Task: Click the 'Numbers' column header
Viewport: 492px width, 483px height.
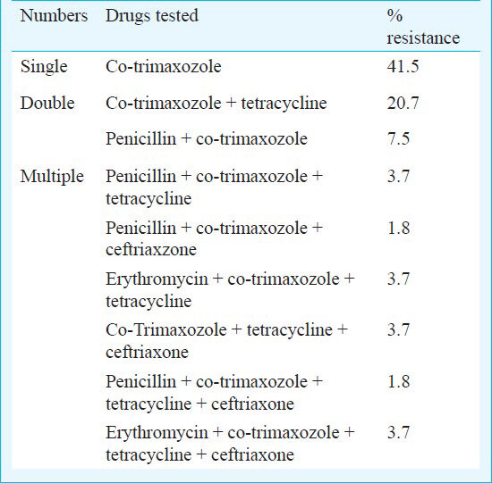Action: (x=54, y=16)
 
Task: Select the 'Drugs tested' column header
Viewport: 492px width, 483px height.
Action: (x=152, y=16)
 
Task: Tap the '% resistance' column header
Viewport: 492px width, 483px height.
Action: (x=423, y=27)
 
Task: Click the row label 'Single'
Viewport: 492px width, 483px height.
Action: (x=44, y=67)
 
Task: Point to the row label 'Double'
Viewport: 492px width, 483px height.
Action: (x=47, y=103)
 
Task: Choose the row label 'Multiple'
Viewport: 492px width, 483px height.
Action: (x=52, y=177)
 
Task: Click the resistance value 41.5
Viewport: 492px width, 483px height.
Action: (x=403, y=66)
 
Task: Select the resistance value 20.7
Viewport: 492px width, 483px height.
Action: (x=403, y=103)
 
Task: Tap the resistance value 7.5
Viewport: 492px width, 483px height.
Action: (x=398, y=138)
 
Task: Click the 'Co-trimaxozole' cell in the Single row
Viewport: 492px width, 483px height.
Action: (x=164, y=66)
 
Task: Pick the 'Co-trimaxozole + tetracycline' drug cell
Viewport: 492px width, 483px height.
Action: (x=216, y=104)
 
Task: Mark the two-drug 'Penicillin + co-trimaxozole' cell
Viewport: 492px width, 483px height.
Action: (x=207, y=138)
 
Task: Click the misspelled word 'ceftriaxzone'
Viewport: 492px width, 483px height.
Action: (x=151, y=250)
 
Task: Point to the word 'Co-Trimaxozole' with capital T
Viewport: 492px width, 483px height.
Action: (x=166, y=329)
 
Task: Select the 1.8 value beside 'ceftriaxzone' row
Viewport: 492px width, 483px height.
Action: (x=398, y=228)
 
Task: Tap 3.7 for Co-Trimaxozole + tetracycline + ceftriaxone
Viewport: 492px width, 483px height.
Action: (x=398, y=329)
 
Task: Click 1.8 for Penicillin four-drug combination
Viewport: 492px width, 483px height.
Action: (x=398, y=381)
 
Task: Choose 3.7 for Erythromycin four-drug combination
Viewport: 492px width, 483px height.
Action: (x=398, y=433)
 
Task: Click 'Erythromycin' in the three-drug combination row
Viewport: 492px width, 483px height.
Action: (x=157, y=279)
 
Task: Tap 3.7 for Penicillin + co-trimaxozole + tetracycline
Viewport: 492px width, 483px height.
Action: (x=398, y=176)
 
